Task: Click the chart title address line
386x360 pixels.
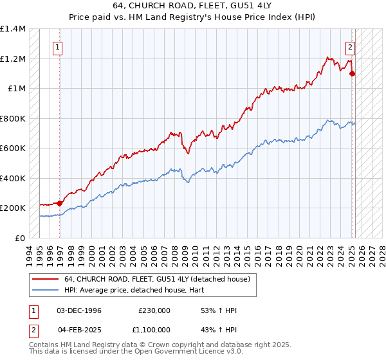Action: click(x=193, y=7)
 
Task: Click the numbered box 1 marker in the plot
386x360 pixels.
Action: click(x=58, y=46)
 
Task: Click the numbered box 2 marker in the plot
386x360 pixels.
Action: click(x=351, y=46)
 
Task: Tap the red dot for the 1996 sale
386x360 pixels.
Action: click(x=60, y=203)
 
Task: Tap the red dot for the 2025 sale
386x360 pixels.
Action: click(x=352, y=74)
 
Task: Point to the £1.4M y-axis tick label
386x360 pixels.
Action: click(x=14, y=29)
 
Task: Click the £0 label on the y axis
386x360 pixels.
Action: click(x=21, y=238)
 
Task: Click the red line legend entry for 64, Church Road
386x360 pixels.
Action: click(x=161, y=279)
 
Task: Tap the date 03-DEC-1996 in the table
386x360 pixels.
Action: click(x=79, y=310)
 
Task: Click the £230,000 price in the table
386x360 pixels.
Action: click(x=154, y=310)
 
